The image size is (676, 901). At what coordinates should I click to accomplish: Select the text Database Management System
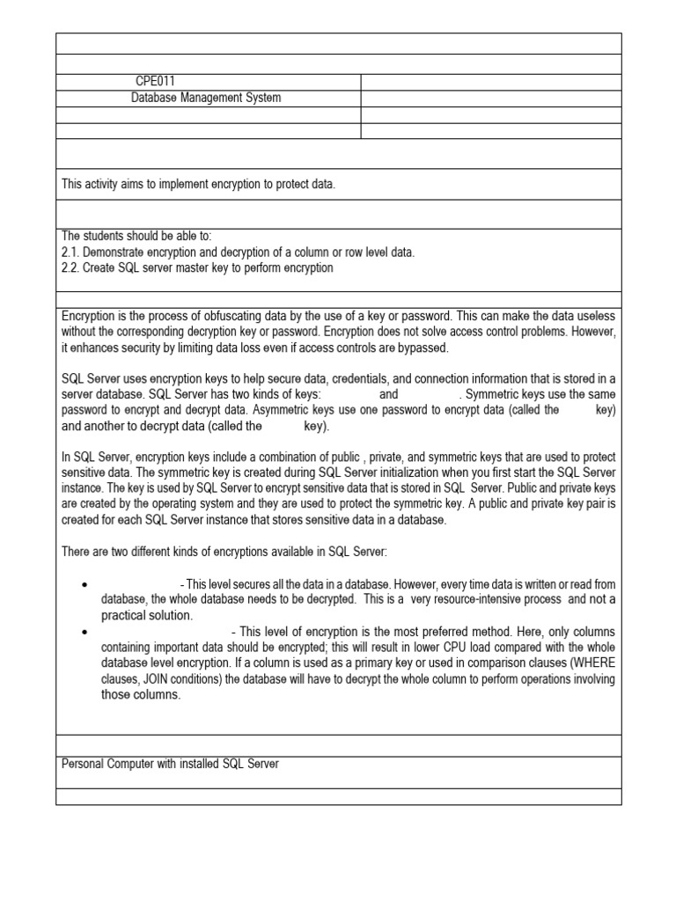206,98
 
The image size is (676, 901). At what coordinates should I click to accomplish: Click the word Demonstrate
116,252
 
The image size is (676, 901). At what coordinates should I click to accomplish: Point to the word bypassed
423,347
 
